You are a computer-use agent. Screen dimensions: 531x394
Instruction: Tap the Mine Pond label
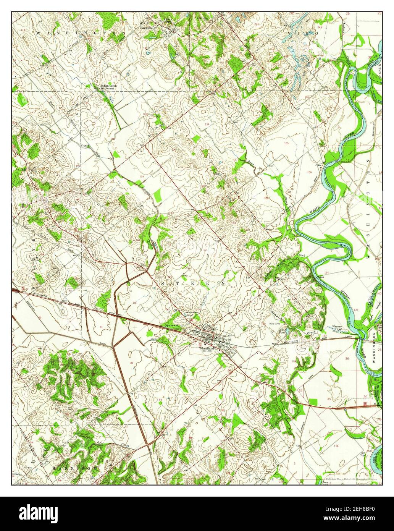(283, 330)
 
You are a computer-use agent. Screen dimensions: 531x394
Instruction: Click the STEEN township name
(194, 284)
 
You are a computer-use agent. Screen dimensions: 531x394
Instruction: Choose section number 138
(207, 125)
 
